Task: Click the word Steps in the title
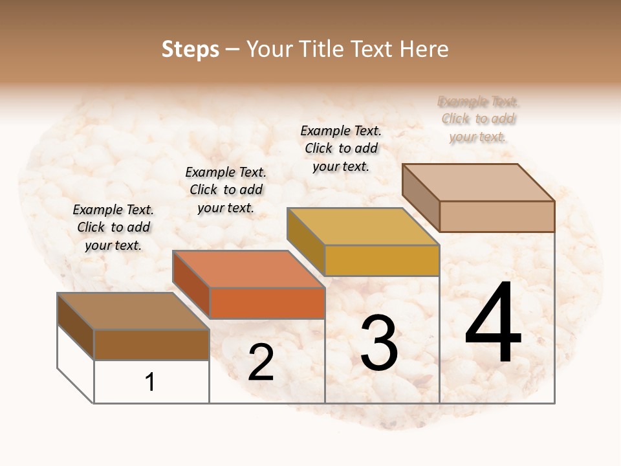190,49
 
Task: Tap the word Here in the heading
424,49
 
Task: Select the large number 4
493,324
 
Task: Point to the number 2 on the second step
261,362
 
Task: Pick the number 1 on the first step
150,383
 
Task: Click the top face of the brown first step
133,311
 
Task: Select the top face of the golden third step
362,227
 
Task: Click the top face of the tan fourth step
477,182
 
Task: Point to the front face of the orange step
267,303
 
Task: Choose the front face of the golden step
382,260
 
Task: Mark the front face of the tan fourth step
497,216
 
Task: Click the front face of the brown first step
151,344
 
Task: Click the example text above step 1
113,227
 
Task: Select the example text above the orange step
226,190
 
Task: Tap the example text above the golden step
341,148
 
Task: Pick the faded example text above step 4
478,119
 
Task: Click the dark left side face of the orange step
191,285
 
